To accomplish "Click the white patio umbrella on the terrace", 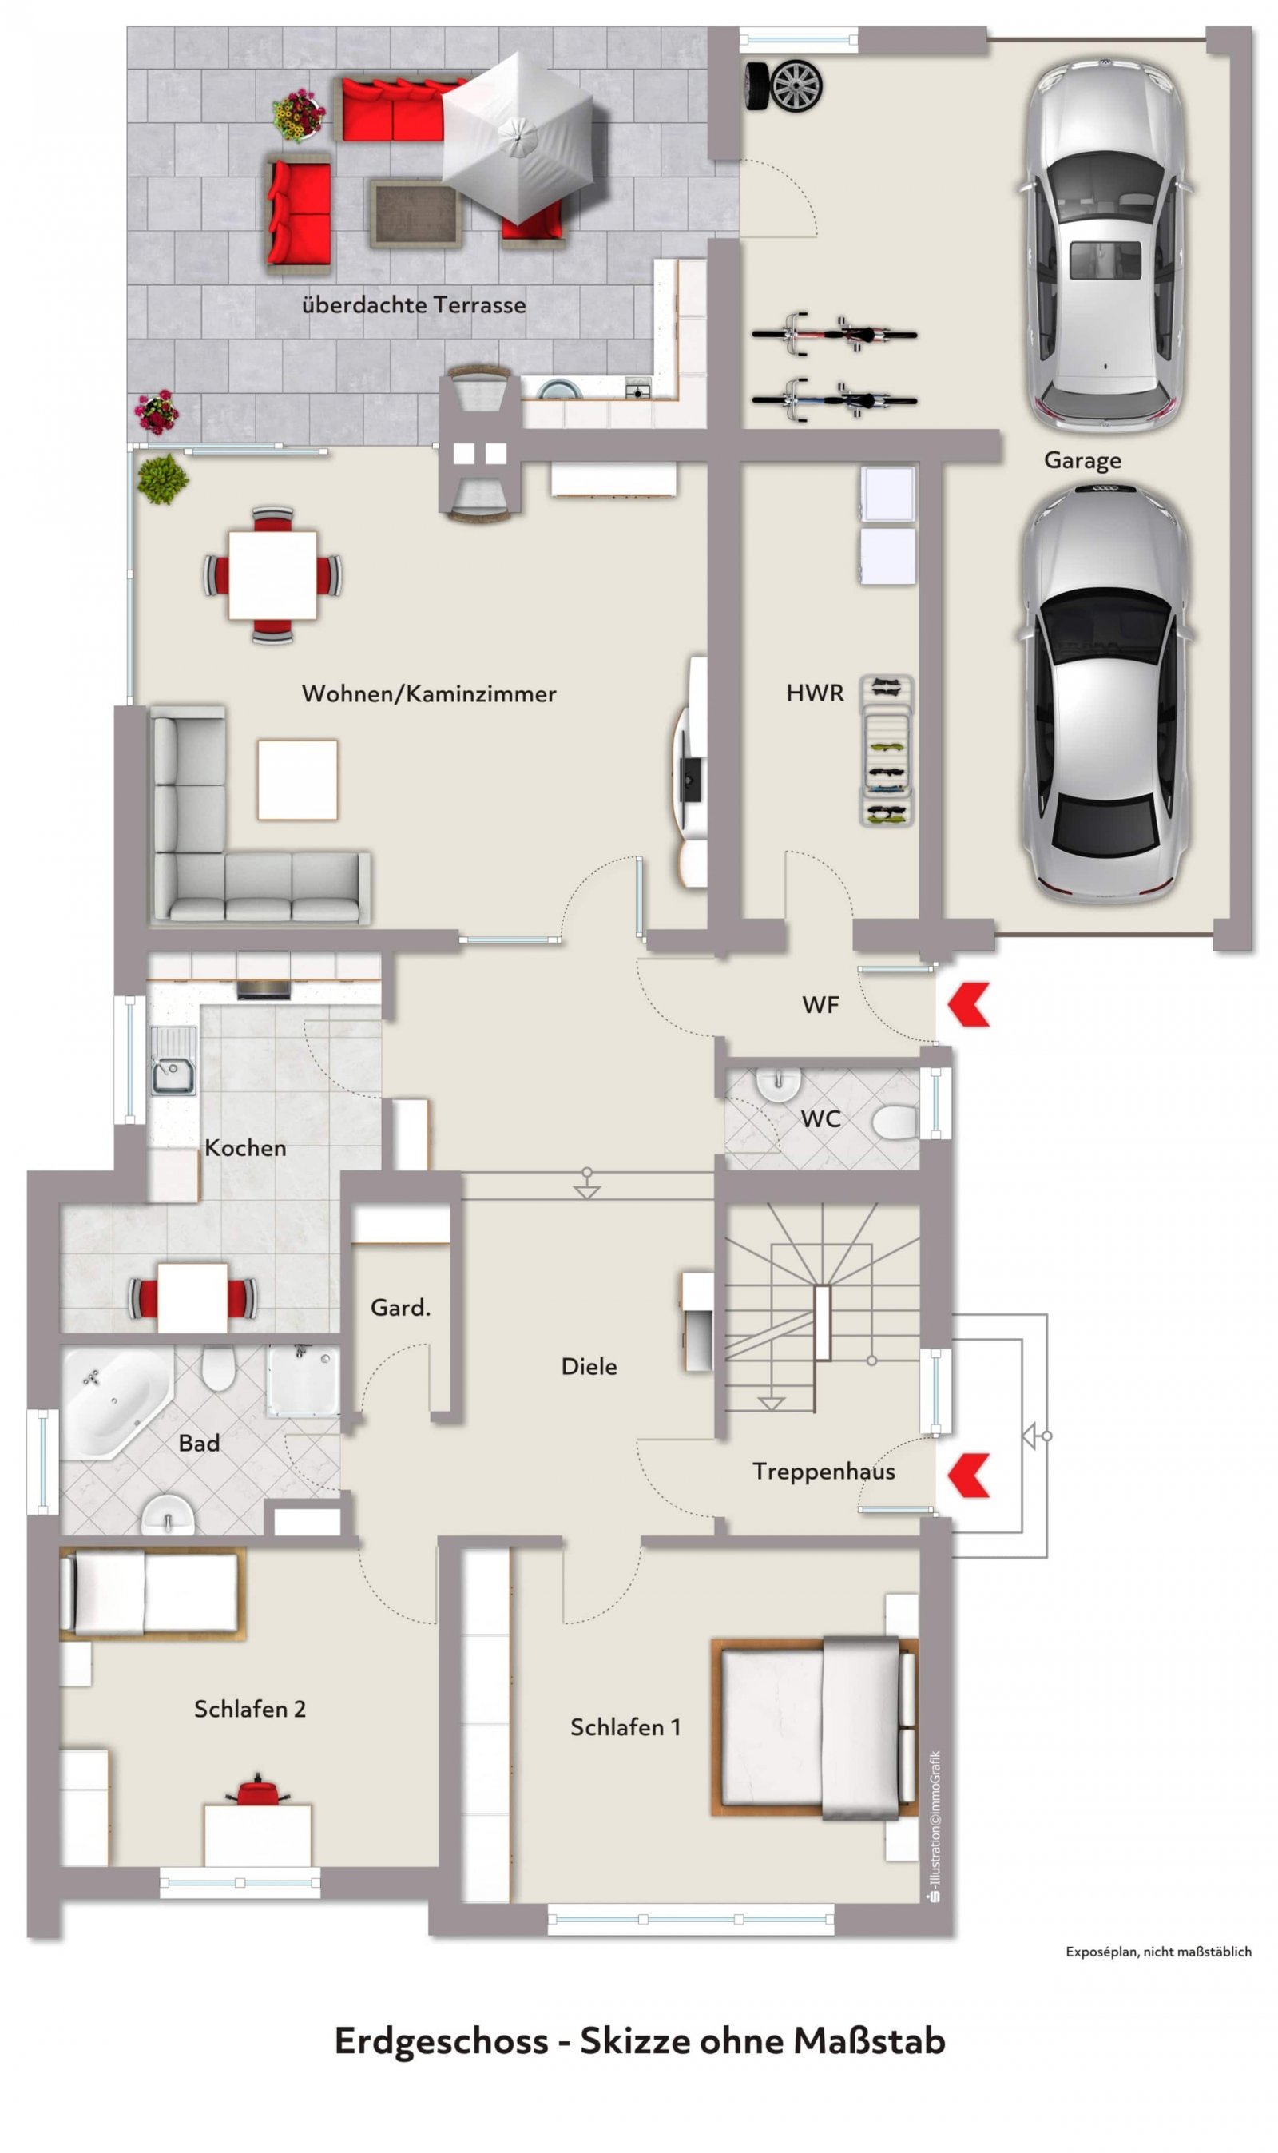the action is (x=518, y=135).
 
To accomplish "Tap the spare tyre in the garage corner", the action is (x=783, y=86).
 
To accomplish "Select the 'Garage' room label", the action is (x=1082, y=461).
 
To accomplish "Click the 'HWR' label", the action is (x=815, y=693).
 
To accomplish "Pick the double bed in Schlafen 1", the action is (x=815, y=1726).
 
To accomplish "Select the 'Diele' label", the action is (x=589, y=1367).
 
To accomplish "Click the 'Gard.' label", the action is (x=400, y=1308).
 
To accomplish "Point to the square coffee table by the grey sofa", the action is (x=298, y=780).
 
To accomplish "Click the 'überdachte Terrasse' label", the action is (x=414, y=305).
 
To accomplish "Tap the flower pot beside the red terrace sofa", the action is (x=298, y=114).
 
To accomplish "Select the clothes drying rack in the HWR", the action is (x=887, y=751).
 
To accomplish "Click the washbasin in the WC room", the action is (x=779, y=1084).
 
